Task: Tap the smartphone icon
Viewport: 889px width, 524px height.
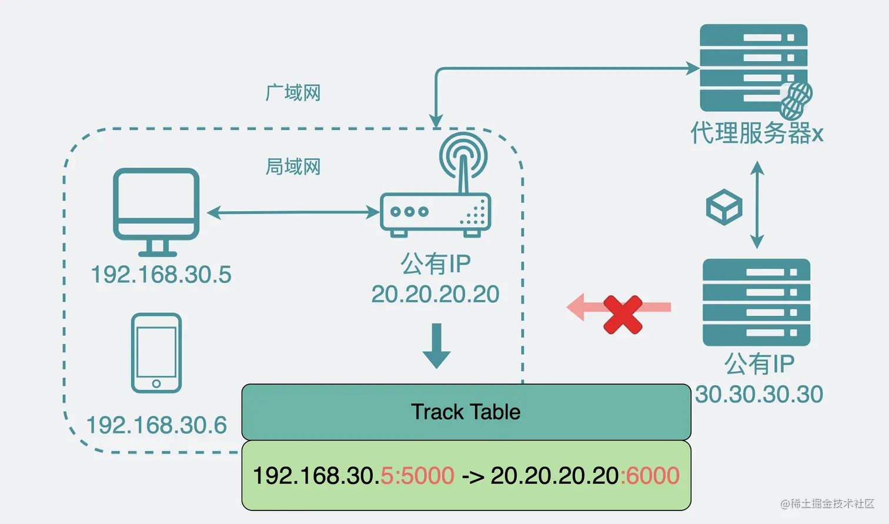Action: click(156, 353)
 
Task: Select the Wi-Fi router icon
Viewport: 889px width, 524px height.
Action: click(436, 194)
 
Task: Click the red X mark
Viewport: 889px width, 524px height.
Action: click(623, 315)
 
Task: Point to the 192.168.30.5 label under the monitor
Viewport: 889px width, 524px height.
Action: click(161, 275)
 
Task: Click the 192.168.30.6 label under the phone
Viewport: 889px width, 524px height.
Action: click(156, 425)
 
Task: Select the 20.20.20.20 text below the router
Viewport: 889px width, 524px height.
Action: click(436, 294)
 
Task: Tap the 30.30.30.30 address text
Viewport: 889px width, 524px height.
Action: click(759, 394)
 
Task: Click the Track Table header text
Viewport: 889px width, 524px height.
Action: click(466, 412)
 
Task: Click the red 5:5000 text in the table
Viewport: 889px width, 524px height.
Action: click(417, 475)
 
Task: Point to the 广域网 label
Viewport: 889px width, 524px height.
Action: click(293, 93)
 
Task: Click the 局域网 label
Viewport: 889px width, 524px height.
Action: click(293, 167)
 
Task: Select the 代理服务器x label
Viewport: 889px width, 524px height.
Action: click(757, 133)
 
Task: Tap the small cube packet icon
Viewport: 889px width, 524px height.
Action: click(724, 207)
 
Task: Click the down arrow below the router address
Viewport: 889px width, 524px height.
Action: click(436, 346)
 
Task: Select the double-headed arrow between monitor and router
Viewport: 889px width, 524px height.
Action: click(293, 212)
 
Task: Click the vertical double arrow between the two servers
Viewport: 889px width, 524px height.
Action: click(757, 205)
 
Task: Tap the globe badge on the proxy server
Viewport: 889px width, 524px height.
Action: click(797, 100)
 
